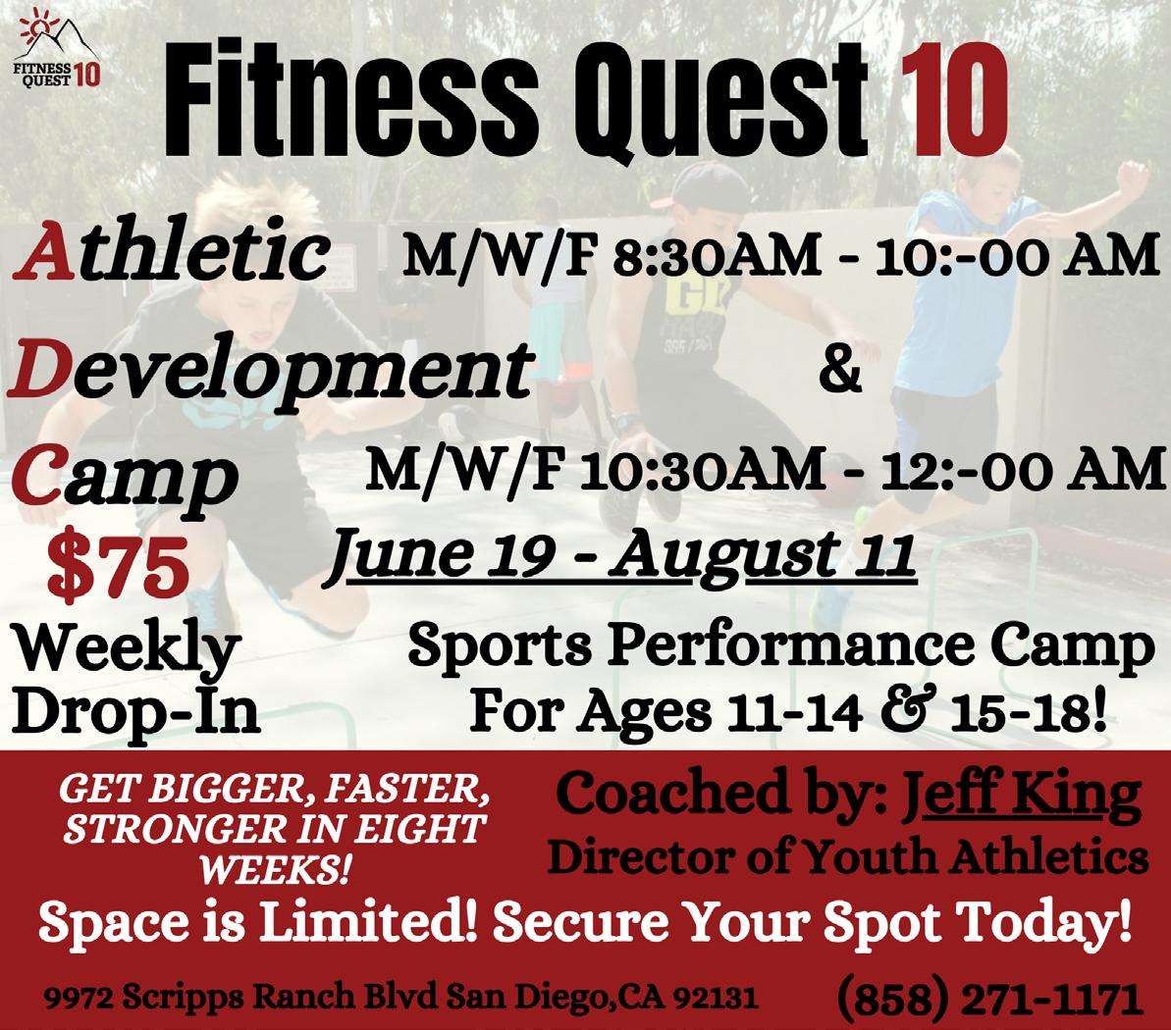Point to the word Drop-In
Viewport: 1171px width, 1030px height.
pos(136,710)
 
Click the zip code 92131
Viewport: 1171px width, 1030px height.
pos(717,998)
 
